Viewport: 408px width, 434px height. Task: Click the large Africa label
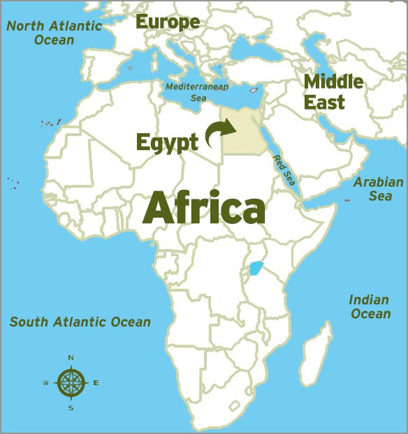tap(204, 207)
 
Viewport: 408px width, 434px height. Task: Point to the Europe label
tap(167, 22)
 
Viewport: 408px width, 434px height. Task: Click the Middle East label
tap(333, 91)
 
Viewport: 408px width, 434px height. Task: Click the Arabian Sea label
tap(378, 189)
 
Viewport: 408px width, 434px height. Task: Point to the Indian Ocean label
tap(370, 307)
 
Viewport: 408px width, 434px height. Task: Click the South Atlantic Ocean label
tap(80, 322)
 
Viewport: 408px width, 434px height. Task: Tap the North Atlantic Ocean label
tap(54, 33)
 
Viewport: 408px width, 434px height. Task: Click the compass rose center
tap(71, 382)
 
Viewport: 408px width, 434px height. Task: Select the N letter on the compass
tap(71, 358)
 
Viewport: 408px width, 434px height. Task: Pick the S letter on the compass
tap(71, 407)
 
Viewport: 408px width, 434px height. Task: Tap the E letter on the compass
tap(96, 382)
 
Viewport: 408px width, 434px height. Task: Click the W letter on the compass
tap(46, 383)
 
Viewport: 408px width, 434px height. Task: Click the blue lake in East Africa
tap(256, 268)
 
